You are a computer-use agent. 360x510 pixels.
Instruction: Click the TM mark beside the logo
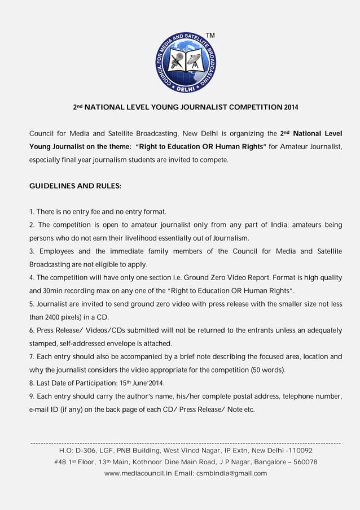(x=210, y=36)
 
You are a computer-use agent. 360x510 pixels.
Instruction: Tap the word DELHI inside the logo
(x=186, y=89)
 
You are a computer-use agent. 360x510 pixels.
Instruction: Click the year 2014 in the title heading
(x=292, y=107)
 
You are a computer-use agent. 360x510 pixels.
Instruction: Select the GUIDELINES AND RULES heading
(x=75, y=186)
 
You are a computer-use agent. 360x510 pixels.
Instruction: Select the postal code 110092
(x=298, y=451)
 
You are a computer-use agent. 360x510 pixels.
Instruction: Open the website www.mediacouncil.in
(x=138, y=473)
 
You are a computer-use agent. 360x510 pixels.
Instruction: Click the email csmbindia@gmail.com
(x=232, y=473)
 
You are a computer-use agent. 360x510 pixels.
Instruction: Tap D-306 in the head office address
(x=86, y=451)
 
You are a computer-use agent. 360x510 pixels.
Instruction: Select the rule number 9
(x=32, y=396)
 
